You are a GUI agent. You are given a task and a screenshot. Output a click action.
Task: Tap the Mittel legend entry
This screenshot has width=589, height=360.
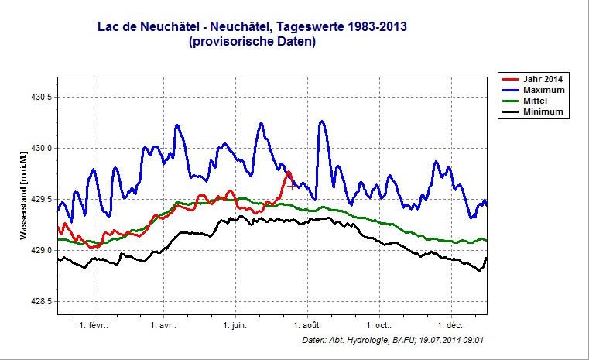point(539,101)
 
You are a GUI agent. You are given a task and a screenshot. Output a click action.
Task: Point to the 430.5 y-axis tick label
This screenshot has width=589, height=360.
point(39,98)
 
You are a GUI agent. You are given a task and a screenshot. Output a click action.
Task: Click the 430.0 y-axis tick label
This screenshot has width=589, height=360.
point(39,149)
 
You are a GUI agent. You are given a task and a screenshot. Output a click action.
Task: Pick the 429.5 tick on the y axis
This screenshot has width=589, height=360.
point(39,200)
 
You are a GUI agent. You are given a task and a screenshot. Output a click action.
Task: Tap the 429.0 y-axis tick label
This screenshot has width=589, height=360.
point(39,251)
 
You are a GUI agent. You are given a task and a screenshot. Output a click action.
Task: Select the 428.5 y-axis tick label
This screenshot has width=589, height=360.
point(39,302)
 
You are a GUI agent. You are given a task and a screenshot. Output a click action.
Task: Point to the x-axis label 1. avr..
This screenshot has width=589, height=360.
point(163,325)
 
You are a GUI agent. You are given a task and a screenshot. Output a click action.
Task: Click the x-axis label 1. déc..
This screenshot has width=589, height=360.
point(451,325)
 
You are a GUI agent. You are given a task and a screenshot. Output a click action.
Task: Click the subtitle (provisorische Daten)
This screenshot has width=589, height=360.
point(252,43)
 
